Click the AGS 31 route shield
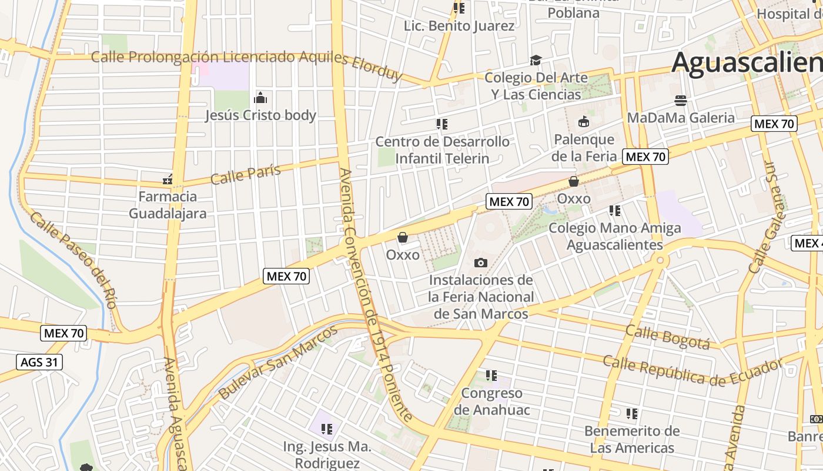click(39, 362)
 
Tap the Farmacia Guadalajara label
click(168, 204)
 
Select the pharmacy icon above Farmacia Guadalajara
click(168, 178)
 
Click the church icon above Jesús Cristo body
click(260, 98)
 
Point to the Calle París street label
click(245, 174)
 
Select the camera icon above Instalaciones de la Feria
click(481, 263)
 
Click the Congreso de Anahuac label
click(491, 402)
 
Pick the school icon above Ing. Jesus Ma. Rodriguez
click(327, 429)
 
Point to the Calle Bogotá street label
click(667, 337)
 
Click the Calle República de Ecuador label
click(693, 370)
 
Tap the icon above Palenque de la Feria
click(584, 122)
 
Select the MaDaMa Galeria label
click(681, 118)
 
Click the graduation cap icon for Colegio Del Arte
click(535, 60)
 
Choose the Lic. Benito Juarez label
click(459, 26)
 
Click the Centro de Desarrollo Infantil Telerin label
click(442, 150)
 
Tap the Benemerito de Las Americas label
click(632, 439)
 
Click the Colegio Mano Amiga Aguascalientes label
click(615, 236)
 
